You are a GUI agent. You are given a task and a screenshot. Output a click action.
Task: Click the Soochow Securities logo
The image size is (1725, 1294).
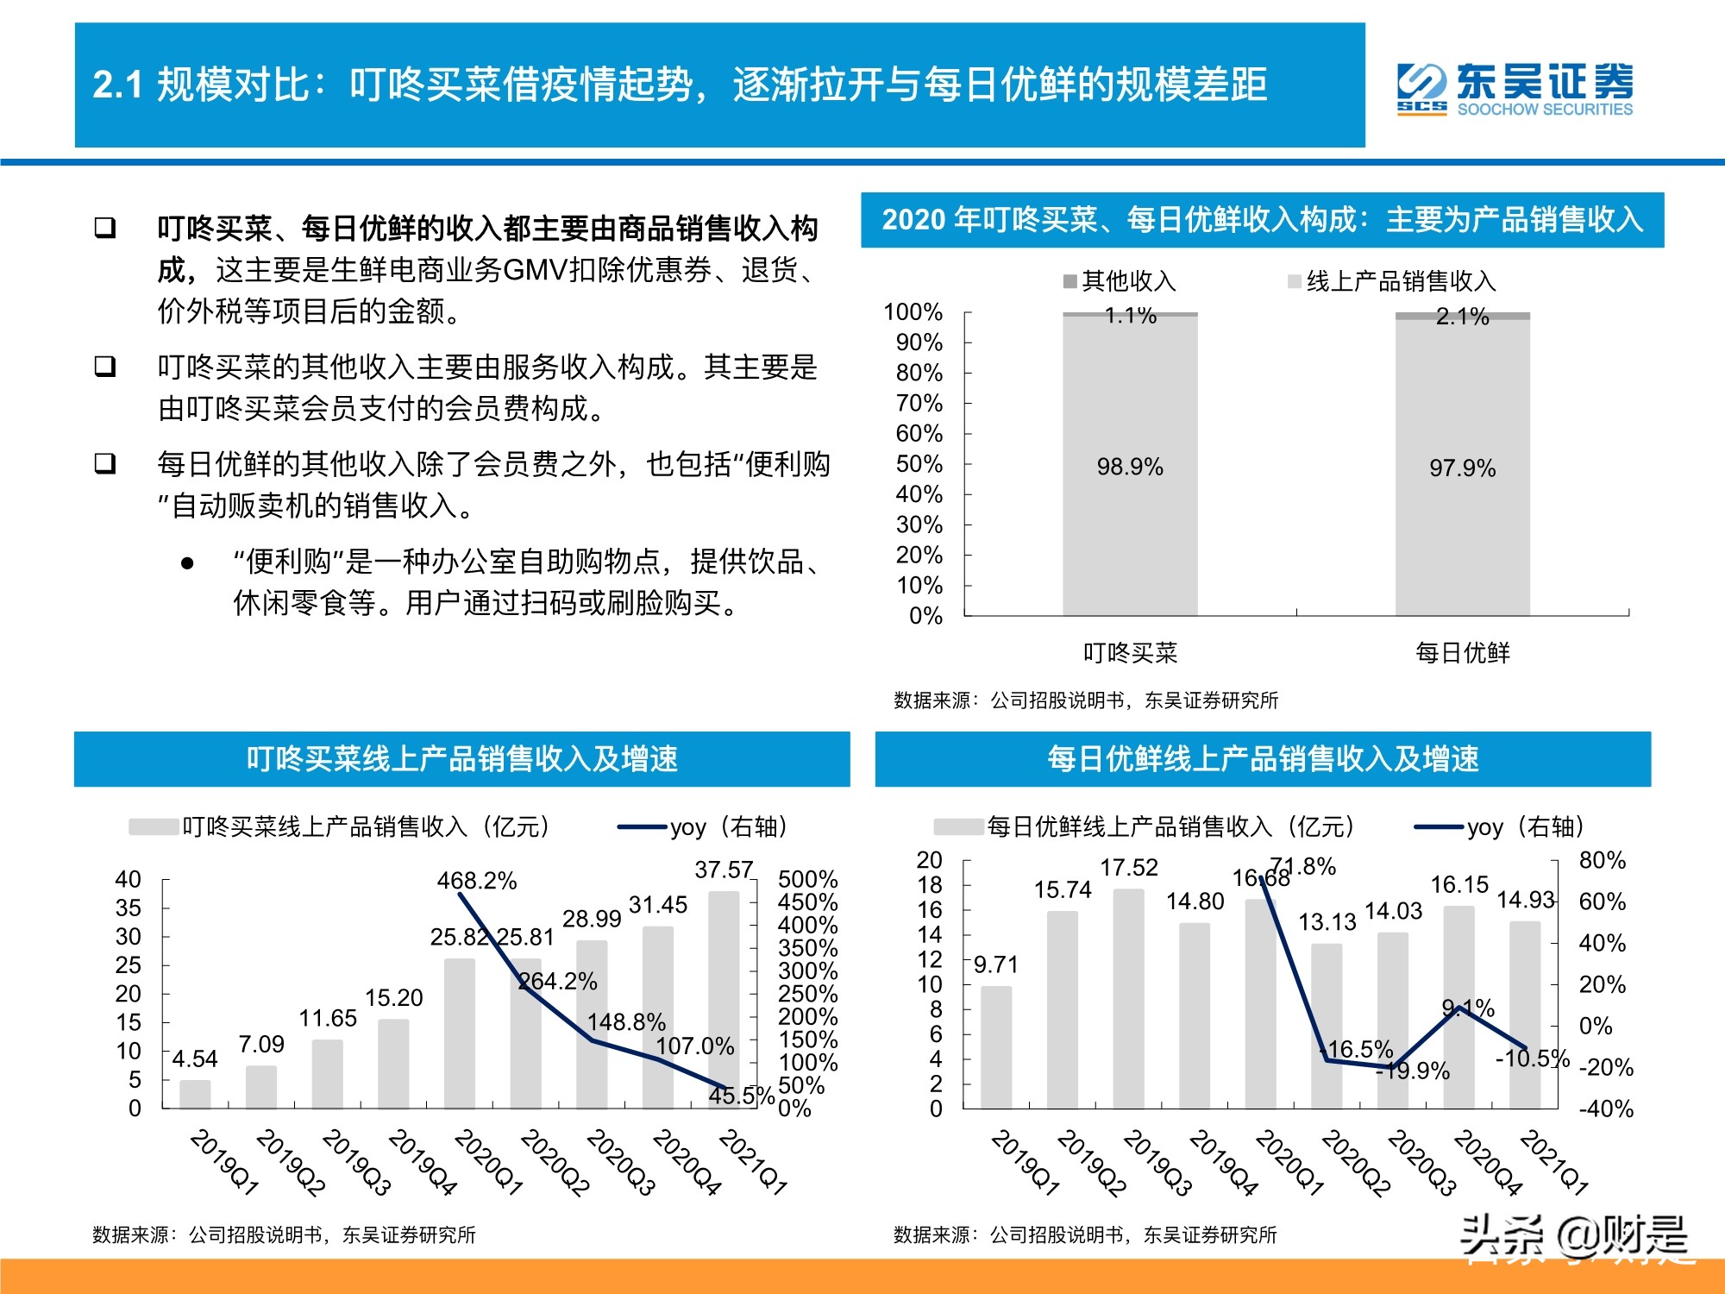coord(1514,88)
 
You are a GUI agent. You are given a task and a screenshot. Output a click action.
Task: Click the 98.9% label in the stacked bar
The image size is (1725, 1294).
coord(1130,467)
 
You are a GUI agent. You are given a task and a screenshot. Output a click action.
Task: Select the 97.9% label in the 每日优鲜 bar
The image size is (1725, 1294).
coord(1462,468)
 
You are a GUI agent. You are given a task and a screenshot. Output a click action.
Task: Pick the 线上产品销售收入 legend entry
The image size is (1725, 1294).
coord(1391,281)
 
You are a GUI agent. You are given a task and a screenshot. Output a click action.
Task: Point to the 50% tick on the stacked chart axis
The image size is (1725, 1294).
coord(919,464)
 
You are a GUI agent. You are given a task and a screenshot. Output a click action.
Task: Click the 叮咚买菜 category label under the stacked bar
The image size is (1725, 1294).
coord(1130,653)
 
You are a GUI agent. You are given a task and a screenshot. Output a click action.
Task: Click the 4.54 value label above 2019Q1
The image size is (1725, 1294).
coord(195,1058)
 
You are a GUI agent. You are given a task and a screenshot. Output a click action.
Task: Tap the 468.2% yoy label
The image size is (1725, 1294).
coord(476,881)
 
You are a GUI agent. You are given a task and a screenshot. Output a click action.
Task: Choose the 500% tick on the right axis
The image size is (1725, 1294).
coord(807,879)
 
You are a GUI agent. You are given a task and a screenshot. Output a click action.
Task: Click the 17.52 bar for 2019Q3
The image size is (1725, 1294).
coord(1128,998)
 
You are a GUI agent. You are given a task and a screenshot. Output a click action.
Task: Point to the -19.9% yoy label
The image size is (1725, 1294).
coord(1412,1071)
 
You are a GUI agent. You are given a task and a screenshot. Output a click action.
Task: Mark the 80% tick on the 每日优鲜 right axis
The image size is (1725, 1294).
coord(1602,860)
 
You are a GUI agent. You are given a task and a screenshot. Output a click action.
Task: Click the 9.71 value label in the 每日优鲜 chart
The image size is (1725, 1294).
coord(995,964)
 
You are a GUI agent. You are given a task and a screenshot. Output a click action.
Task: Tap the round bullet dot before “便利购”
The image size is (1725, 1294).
coord(187,564)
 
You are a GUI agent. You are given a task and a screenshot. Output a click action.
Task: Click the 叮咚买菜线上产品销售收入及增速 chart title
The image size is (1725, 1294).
coord(461,759)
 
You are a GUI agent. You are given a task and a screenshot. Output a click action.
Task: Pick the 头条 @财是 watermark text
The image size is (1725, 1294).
coord(1573,1237)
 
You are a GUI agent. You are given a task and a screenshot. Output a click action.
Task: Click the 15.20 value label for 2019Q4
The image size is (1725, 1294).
coord(393,998)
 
